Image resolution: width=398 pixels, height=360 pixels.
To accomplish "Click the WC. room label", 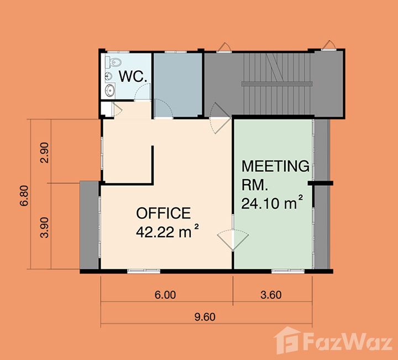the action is pos(133,76).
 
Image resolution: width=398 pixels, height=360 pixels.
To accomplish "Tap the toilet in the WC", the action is pos(113,62).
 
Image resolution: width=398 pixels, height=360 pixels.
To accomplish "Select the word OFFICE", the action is pos(164,213).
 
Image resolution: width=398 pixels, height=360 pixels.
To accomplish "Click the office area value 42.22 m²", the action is pos(167,231).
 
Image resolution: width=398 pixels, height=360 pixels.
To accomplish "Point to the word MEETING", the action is pos(275,166).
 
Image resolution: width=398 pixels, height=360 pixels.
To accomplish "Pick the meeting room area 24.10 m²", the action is pos(272,203).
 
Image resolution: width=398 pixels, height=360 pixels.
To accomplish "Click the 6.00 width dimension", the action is pos(165,295).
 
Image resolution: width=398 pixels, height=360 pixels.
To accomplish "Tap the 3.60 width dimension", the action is pos(271,295).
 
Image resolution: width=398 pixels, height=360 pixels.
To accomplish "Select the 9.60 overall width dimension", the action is pos(205,317).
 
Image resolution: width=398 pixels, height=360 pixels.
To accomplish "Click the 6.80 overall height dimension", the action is pos(24,196).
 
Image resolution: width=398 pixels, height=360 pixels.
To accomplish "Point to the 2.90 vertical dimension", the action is pos(44,153).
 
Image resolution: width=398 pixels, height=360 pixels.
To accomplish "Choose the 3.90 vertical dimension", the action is pos(44,227).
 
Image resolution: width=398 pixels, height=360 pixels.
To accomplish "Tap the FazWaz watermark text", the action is pos(348,342).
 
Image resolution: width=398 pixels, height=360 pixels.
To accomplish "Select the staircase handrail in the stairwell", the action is pos(277,84).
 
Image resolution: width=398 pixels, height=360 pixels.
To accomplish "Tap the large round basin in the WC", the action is pos(110,90).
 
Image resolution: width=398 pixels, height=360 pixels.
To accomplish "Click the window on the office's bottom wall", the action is pos(144,271).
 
